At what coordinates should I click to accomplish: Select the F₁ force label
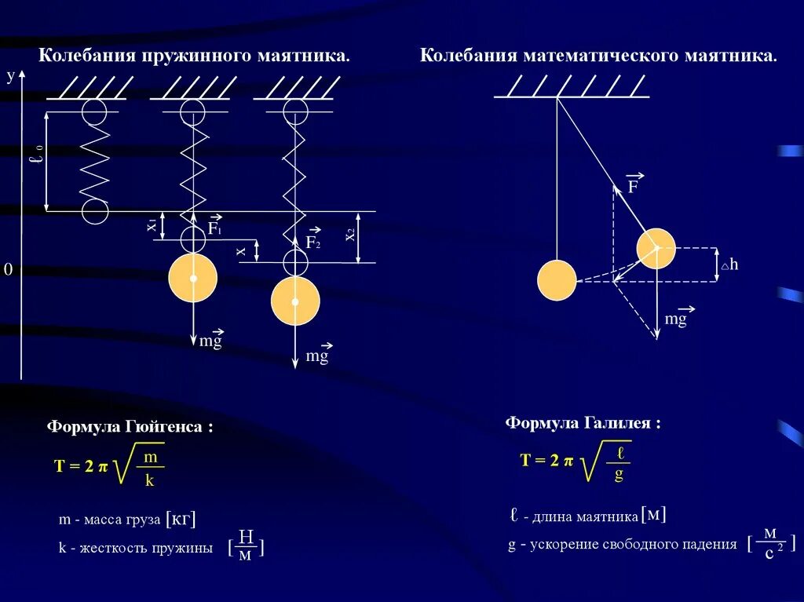[214, 228]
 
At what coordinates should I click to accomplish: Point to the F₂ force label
[313, 243]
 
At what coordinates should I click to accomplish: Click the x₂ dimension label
[350, 235]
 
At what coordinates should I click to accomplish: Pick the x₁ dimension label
[152, 226]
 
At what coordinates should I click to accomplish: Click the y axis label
[11, 75]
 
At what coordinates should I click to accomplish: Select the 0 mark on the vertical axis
[9, 270]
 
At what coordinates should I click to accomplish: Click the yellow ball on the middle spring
[192, 278]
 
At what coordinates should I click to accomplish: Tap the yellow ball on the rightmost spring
[295, 301]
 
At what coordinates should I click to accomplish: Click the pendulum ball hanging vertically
[557, 280]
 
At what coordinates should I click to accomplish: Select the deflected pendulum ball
[656, 249]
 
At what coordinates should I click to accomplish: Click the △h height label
[730, 265]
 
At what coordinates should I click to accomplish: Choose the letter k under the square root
[149, 481]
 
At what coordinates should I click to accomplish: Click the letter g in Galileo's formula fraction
[619, 475]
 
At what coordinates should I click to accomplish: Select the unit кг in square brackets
[180, 520]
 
